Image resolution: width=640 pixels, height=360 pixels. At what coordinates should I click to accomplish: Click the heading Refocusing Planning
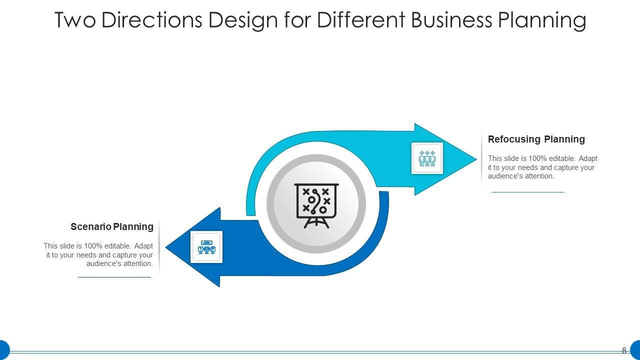pyautogui.click(x=536, y=139)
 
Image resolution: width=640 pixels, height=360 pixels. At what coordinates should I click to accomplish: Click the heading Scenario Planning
pyautogui.click(x=112, y=227)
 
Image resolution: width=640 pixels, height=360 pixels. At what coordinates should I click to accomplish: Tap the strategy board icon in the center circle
pyautogui.click(x=316, y=205)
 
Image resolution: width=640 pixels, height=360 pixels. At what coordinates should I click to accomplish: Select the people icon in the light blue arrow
pyautogui.click(x=427, y=158)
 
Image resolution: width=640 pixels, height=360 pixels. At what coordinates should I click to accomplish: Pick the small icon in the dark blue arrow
pyautogui.click(x=206, y=247)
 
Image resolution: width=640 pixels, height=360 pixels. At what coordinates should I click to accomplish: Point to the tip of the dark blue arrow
pyautogui.click(x=168, y=247)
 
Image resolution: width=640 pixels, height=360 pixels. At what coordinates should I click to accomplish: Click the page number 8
pyautogui.click(x=624, y=350)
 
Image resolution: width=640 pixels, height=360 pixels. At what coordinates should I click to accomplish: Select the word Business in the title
pyautogui.click(x=451, y=20)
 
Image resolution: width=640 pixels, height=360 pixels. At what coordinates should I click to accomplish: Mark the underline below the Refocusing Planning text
pyautogui.click(x=527, y=192)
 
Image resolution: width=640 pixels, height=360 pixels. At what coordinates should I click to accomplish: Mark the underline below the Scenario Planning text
pyautogui.click(x=114, y=277)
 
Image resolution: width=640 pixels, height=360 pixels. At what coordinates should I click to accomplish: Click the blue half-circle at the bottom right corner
pyautogui.click(x=635, y=349)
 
